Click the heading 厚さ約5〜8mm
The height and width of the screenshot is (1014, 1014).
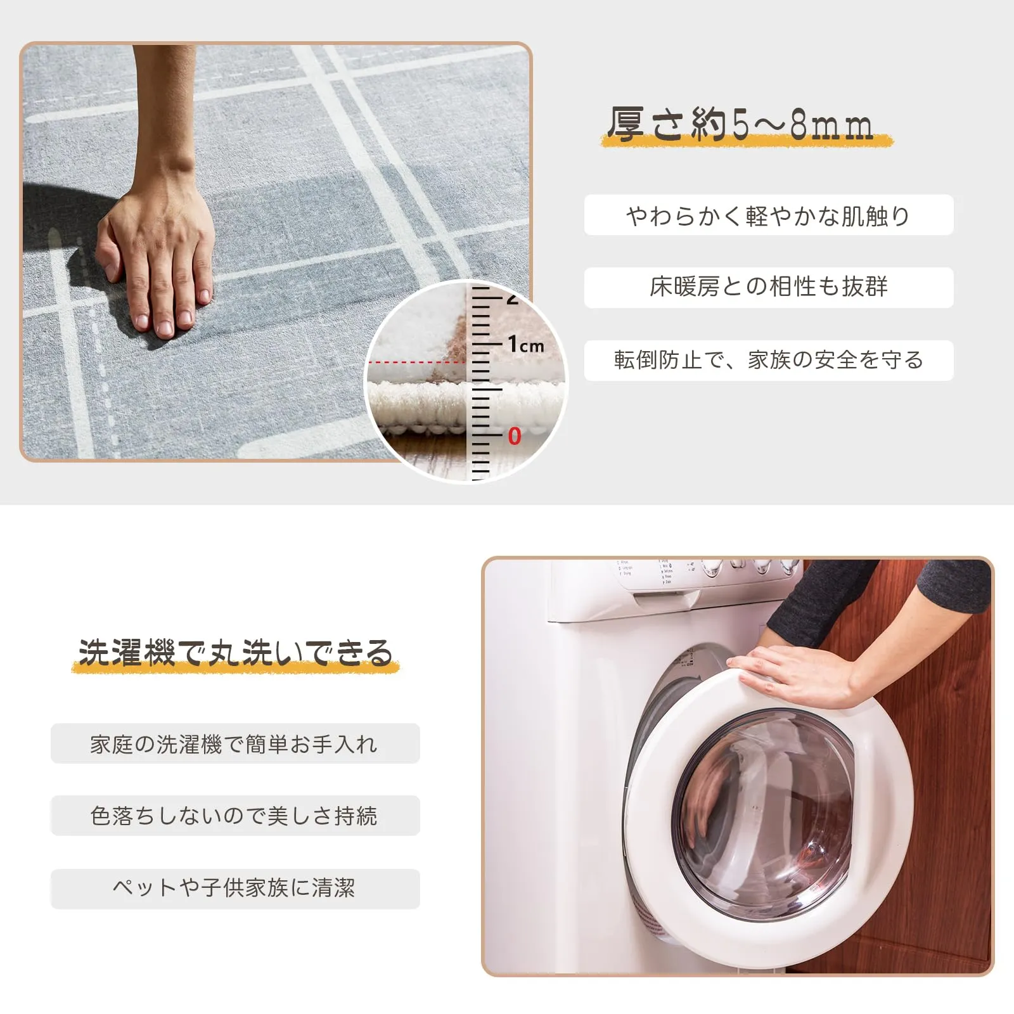point(740,124)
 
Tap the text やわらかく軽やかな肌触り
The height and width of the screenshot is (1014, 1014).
point(768,216)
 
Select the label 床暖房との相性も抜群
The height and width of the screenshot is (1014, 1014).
point(768,287)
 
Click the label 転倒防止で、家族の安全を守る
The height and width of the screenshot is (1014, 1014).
point(768,360)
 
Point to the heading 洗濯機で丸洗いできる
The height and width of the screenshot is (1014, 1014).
point(236,653)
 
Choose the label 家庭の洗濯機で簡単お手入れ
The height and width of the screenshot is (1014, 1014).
point(234,744)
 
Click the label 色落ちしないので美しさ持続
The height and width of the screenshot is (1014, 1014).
point(234,816)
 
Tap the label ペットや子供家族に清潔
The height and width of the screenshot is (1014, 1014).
point(234,888)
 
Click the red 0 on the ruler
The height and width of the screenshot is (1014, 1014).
point(514,436)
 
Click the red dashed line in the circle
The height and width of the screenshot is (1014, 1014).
point(417,363)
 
